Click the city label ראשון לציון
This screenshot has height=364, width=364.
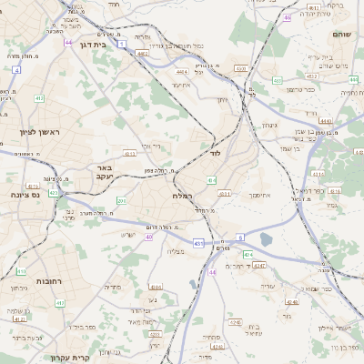pos(36,133)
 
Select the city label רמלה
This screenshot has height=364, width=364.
pos(180,196)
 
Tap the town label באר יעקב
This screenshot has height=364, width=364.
pos(103,172)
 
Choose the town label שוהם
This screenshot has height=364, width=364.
pos(342,34)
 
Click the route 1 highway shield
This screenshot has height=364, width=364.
pos(120,32)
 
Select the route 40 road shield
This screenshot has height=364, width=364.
pos(148,237)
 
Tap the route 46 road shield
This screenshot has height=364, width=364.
pos(288,17)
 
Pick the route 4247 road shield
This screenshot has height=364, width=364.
pos(260,266)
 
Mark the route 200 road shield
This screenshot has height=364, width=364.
pos(121,200)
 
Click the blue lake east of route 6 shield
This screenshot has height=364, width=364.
pos(266,239)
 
